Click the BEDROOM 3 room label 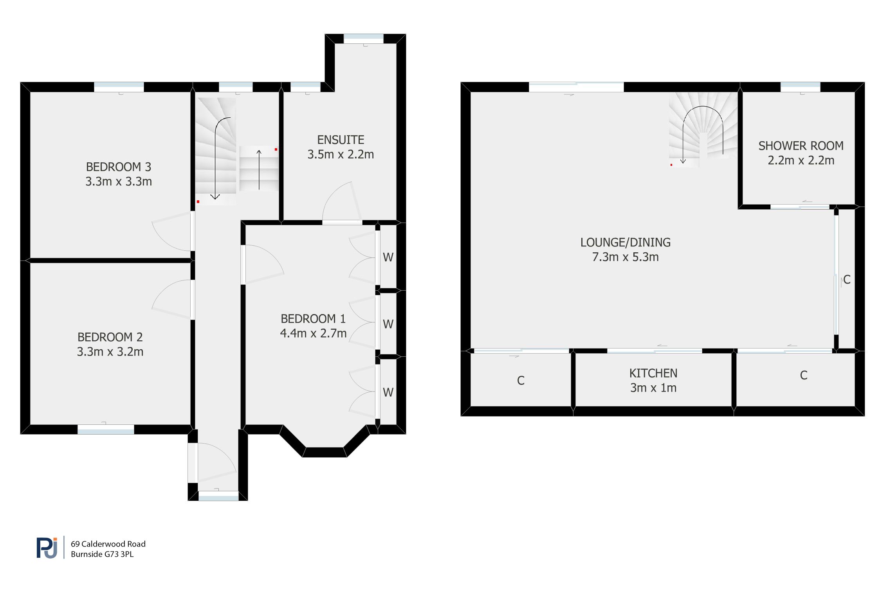[x=118, y=167]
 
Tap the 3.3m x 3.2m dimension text [x=110, y=352]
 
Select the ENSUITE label [x=341, y=140]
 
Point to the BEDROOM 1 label [x=313, y=319]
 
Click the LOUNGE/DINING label [x=625, y=243]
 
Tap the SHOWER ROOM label [x=801, y=146]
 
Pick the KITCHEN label [x=653, y=373]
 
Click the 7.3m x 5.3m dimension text [x=625, y=257]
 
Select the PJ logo [x=47, y=547]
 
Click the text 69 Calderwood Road [x=108, y=544]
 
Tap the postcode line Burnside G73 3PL [x=102, y=554]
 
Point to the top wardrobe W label [x=388, y=257]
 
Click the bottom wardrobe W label [x=388, y=392]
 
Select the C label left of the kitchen [x=520, y=381]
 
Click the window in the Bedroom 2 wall [x=106, y=429]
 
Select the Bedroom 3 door [x=172, y=233]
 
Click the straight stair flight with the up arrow [x=259, y=169]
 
